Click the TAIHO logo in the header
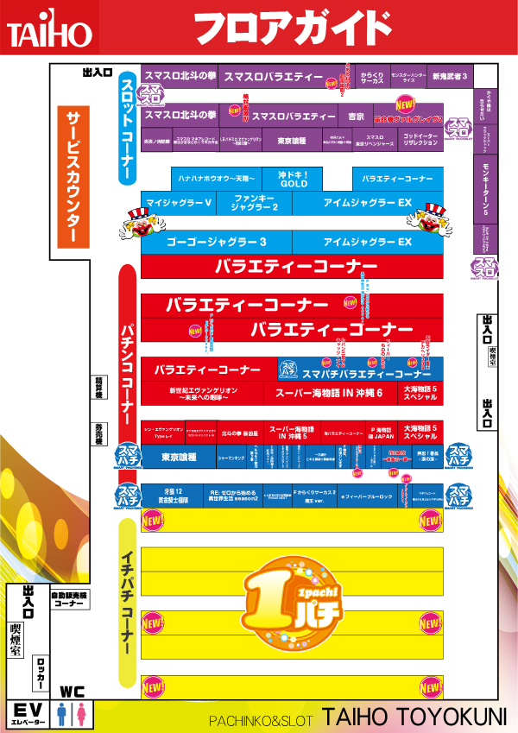coord(49,33)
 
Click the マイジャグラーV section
coord(180,203)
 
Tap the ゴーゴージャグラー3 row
coord(216,242)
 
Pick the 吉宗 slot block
coord(356,116)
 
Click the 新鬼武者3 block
coord(450,77)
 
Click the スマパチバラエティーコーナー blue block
coord(360,370)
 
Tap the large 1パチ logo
coord(292,597)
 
